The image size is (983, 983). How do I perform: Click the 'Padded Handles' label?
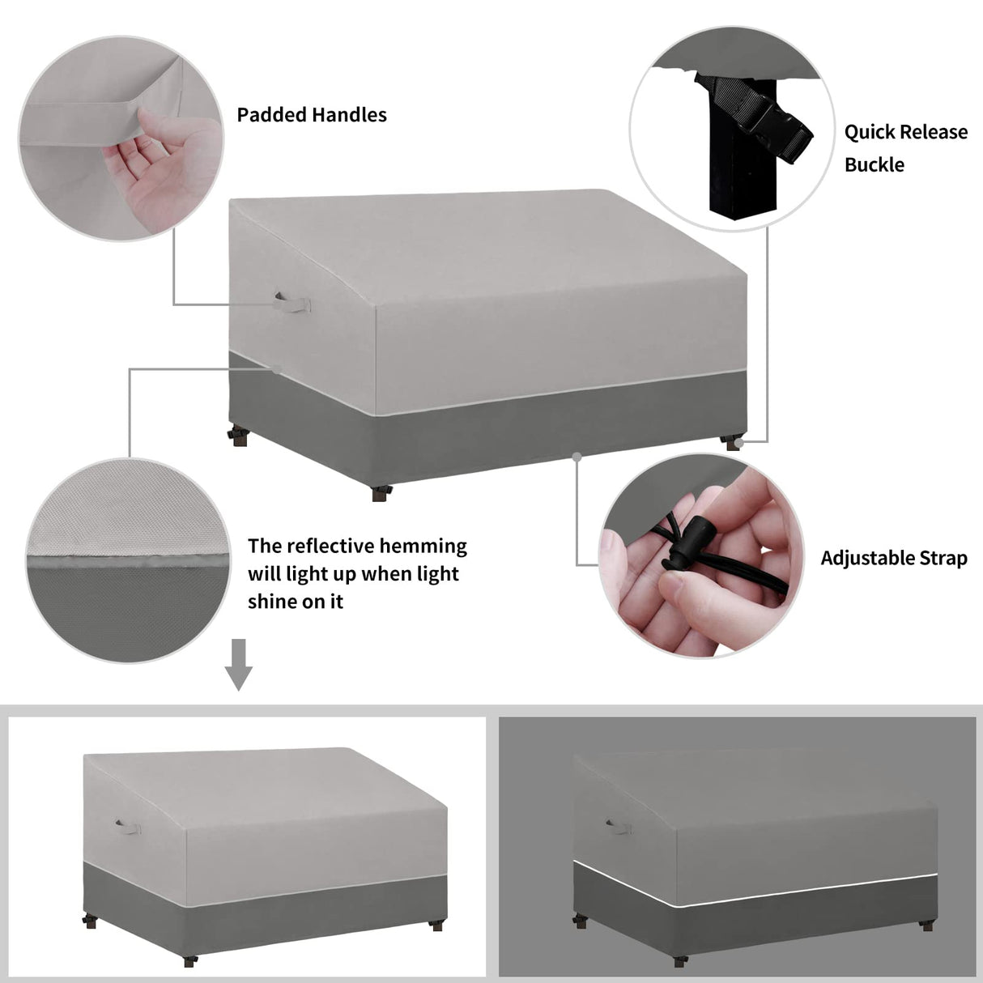pos(312,115)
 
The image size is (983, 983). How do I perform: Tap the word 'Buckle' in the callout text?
pos(874,164)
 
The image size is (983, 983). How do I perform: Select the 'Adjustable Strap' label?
pos(894,558)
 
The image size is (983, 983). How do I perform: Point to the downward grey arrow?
pos(238,665)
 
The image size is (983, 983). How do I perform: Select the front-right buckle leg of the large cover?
pos(733,442)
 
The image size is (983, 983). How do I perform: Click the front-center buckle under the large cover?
pos(381,492)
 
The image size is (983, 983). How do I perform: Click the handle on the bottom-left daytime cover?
pos(128,827)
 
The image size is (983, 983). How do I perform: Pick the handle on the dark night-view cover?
pos(619,826)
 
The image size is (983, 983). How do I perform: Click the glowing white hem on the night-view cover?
pos(753,893)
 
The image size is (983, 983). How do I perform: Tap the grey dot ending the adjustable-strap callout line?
pos(577,457)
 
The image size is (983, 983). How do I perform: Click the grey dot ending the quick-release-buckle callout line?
pos(739,441)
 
